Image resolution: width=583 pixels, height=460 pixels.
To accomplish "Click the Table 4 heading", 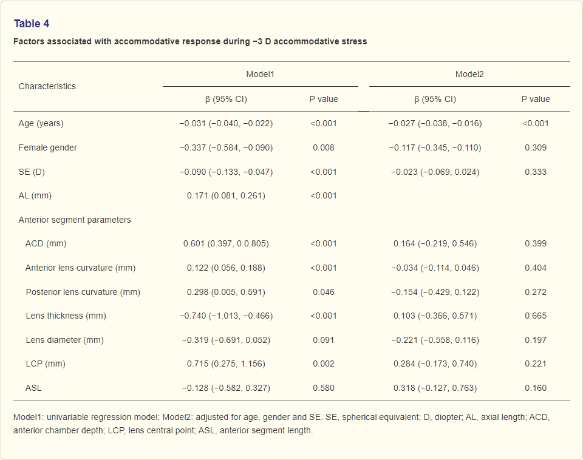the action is (32, 24).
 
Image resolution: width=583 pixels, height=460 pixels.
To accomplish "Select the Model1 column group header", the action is (260, 74).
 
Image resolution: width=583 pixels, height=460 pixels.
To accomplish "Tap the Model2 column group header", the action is (469, 74).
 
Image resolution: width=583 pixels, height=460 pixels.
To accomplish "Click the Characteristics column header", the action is (47, 86).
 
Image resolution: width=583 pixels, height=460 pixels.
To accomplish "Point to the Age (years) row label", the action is (41, 123).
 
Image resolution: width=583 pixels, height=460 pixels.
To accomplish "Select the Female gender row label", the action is (47, 147).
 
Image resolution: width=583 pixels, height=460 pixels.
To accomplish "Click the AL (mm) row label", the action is (35, 195).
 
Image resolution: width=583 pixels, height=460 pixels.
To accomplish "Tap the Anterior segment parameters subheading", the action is (75, 220).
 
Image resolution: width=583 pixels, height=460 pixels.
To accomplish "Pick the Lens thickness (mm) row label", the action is (66, 316).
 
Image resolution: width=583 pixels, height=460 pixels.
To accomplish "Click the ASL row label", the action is (33, 388).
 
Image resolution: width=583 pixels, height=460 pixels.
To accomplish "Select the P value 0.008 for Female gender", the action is (324, 147).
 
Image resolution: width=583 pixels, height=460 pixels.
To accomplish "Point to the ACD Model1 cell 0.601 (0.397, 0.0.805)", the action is (226, 244).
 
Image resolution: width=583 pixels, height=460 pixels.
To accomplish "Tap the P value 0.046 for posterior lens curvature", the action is (324, 292).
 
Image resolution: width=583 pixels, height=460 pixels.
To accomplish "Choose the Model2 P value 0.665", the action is (536, 316).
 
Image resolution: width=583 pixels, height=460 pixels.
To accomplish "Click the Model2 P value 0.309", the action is (536, 147).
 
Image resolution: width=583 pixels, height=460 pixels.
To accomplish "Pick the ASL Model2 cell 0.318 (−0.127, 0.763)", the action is (435, 388).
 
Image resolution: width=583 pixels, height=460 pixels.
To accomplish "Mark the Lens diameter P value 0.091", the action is (324, 340).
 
